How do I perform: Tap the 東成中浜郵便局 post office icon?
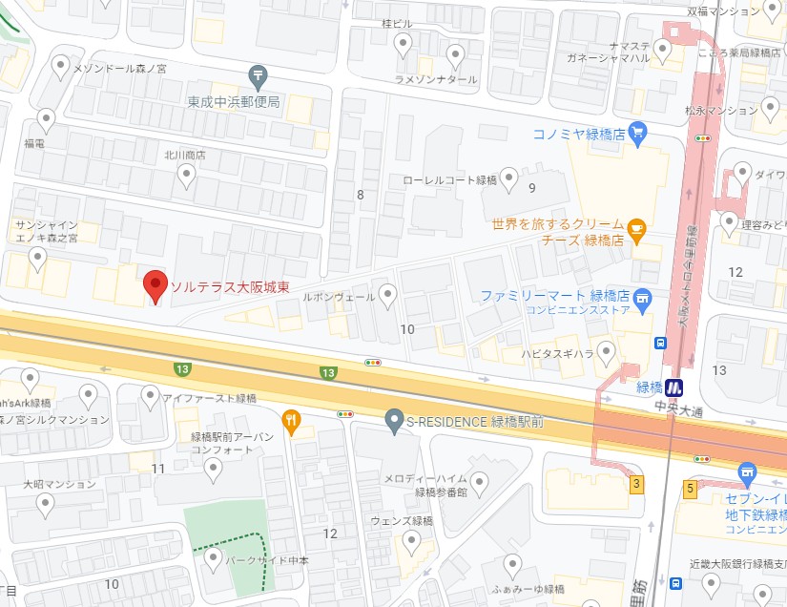pos(257,74)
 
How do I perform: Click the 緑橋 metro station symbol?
pos(675,387)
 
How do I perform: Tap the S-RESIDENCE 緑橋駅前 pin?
pos(392,418)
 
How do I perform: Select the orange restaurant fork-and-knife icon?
pos(291,418)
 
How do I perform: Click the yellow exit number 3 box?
pos(635,485)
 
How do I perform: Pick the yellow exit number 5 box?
pos(689,489)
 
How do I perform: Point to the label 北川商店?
pos(185,155)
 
